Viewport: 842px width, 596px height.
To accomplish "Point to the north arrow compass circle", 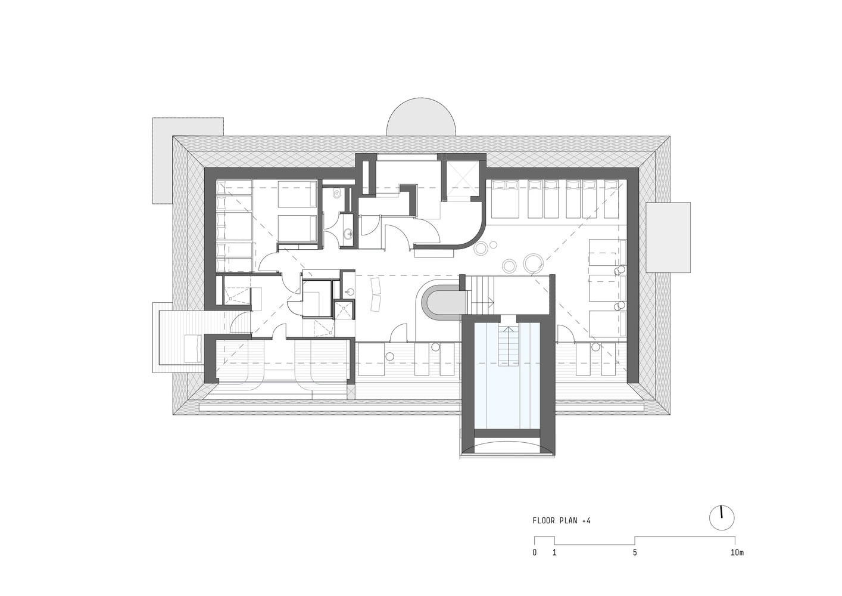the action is coord(722,518).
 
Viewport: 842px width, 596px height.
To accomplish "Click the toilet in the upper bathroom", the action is coord(337,193).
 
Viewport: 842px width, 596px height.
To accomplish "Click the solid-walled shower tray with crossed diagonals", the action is coord(344,310).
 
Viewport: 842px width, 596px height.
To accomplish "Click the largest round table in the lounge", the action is coord(534,263).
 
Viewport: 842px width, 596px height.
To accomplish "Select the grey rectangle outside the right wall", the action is coord(668,237).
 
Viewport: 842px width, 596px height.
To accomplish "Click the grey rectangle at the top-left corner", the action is coord(188,161).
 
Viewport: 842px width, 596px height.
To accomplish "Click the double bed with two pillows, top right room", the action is coord(504,198).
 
